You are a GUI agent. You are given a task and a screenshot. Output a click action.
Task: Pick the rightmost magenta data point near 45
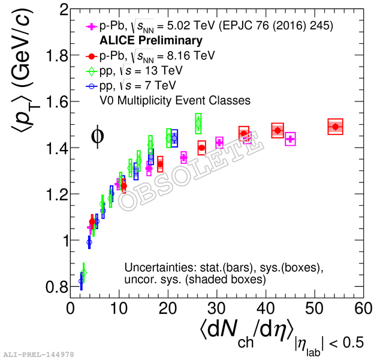[x=290, y=139]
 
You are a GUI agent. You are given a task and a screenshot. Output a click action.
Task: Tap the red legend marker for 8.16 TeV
[x=91, y=56]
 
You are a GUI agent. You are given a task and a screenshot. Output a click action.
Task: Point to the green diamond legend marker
[x=91, y=70]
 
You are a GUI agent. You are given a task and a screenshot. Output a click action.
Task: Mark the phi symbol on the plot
[x=97, y=136]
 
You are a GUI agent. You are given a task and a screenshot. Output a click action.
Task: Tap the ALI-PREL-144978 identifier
[x=38, y=355]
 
